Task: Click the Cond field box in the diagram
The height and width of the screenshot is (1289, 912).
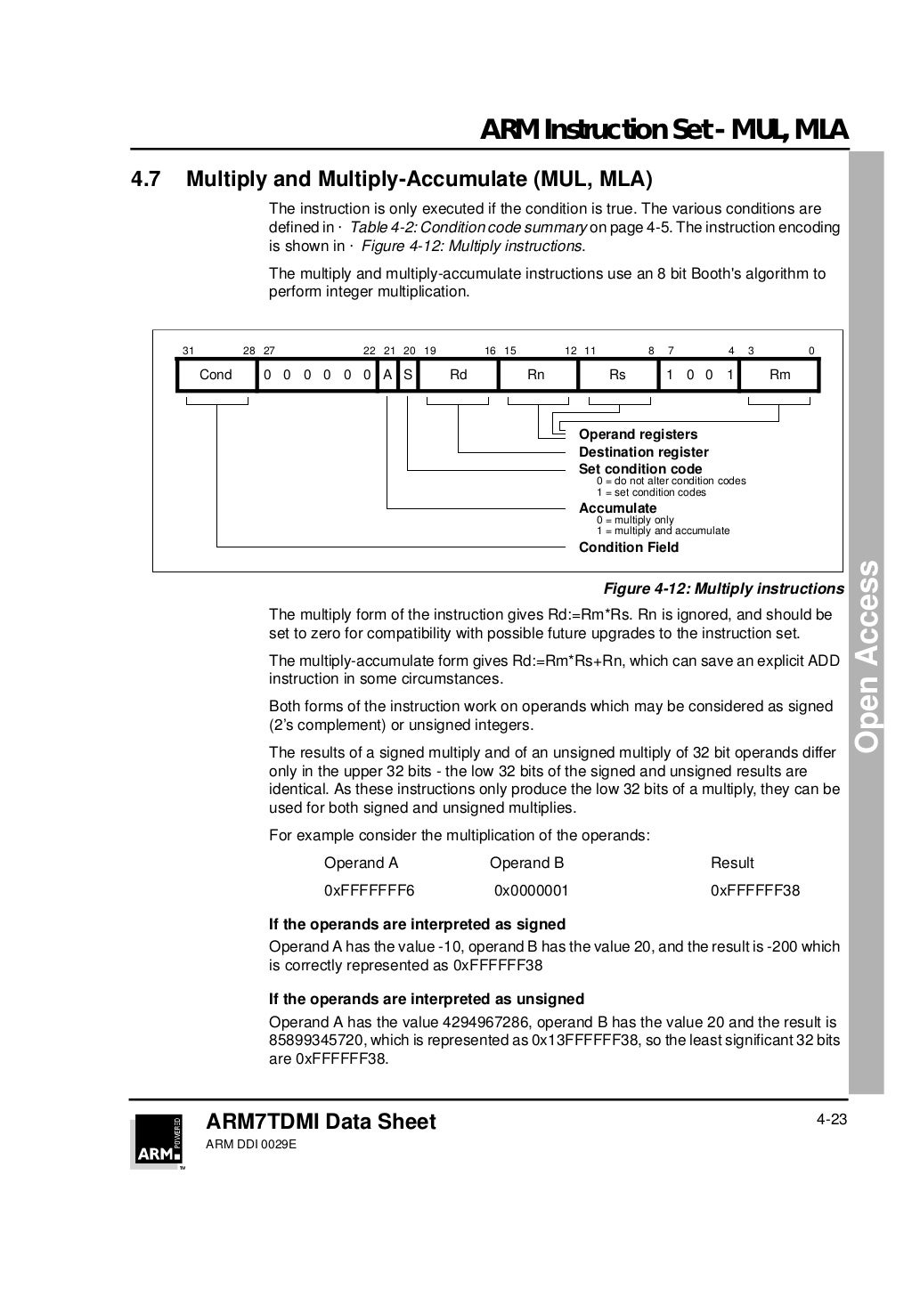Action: coord(216,375)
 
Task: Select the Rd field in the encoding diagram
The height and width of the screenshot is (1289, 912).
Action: coord(459,375)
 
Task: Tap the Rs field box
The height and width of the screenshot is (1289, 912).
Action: coord(617,375)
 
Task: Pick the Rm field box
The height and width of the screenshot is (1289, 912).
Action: coord(779,375)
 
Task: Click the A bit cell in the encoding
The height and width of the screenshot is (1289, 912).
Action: coord(387,375)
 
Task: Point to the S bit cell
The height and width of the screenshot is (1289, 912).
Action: coord(407,375)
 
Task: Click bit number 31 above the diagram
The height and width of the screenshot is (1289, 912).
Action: coord(188,352)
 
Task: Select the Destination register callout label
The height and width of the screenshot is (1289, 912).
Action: coord(643,452)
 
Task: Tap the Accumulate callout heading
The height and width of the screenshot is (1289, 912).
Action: coord(617,508)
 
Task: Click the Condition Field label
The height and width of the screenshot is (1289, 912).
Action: coord(628,547)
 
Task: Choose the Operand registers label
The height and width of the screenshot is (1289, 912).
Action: coord(638,434)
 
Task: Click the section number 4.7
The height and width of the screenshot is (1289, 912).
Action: coord(146,180)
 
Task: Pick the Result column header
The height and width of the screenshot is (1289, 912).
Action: coord(732,863)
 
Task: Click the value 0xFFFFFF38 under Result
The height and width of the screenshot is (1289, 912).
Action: coord(755,890)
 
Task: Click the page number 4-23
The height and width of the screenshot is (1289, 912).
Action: coord(831,1119)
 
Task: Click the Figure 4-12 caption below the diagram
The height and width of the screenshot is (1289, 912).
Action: coord(723,588)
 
